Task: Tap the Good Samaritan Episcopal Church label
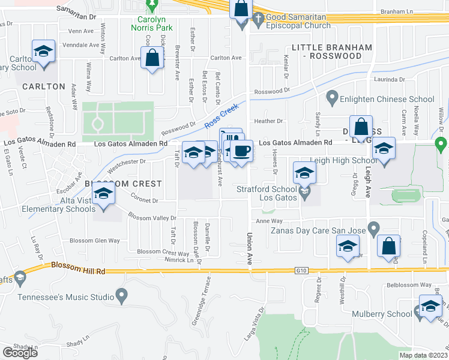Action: click(299, 21)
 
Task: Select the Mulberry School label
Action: click(391, 313)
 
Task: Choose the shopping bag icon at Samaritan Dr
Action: click(241, 10)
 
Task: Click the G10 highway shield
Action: click(301, 271)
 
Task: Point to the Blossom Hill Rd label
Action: click(78, 268)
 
